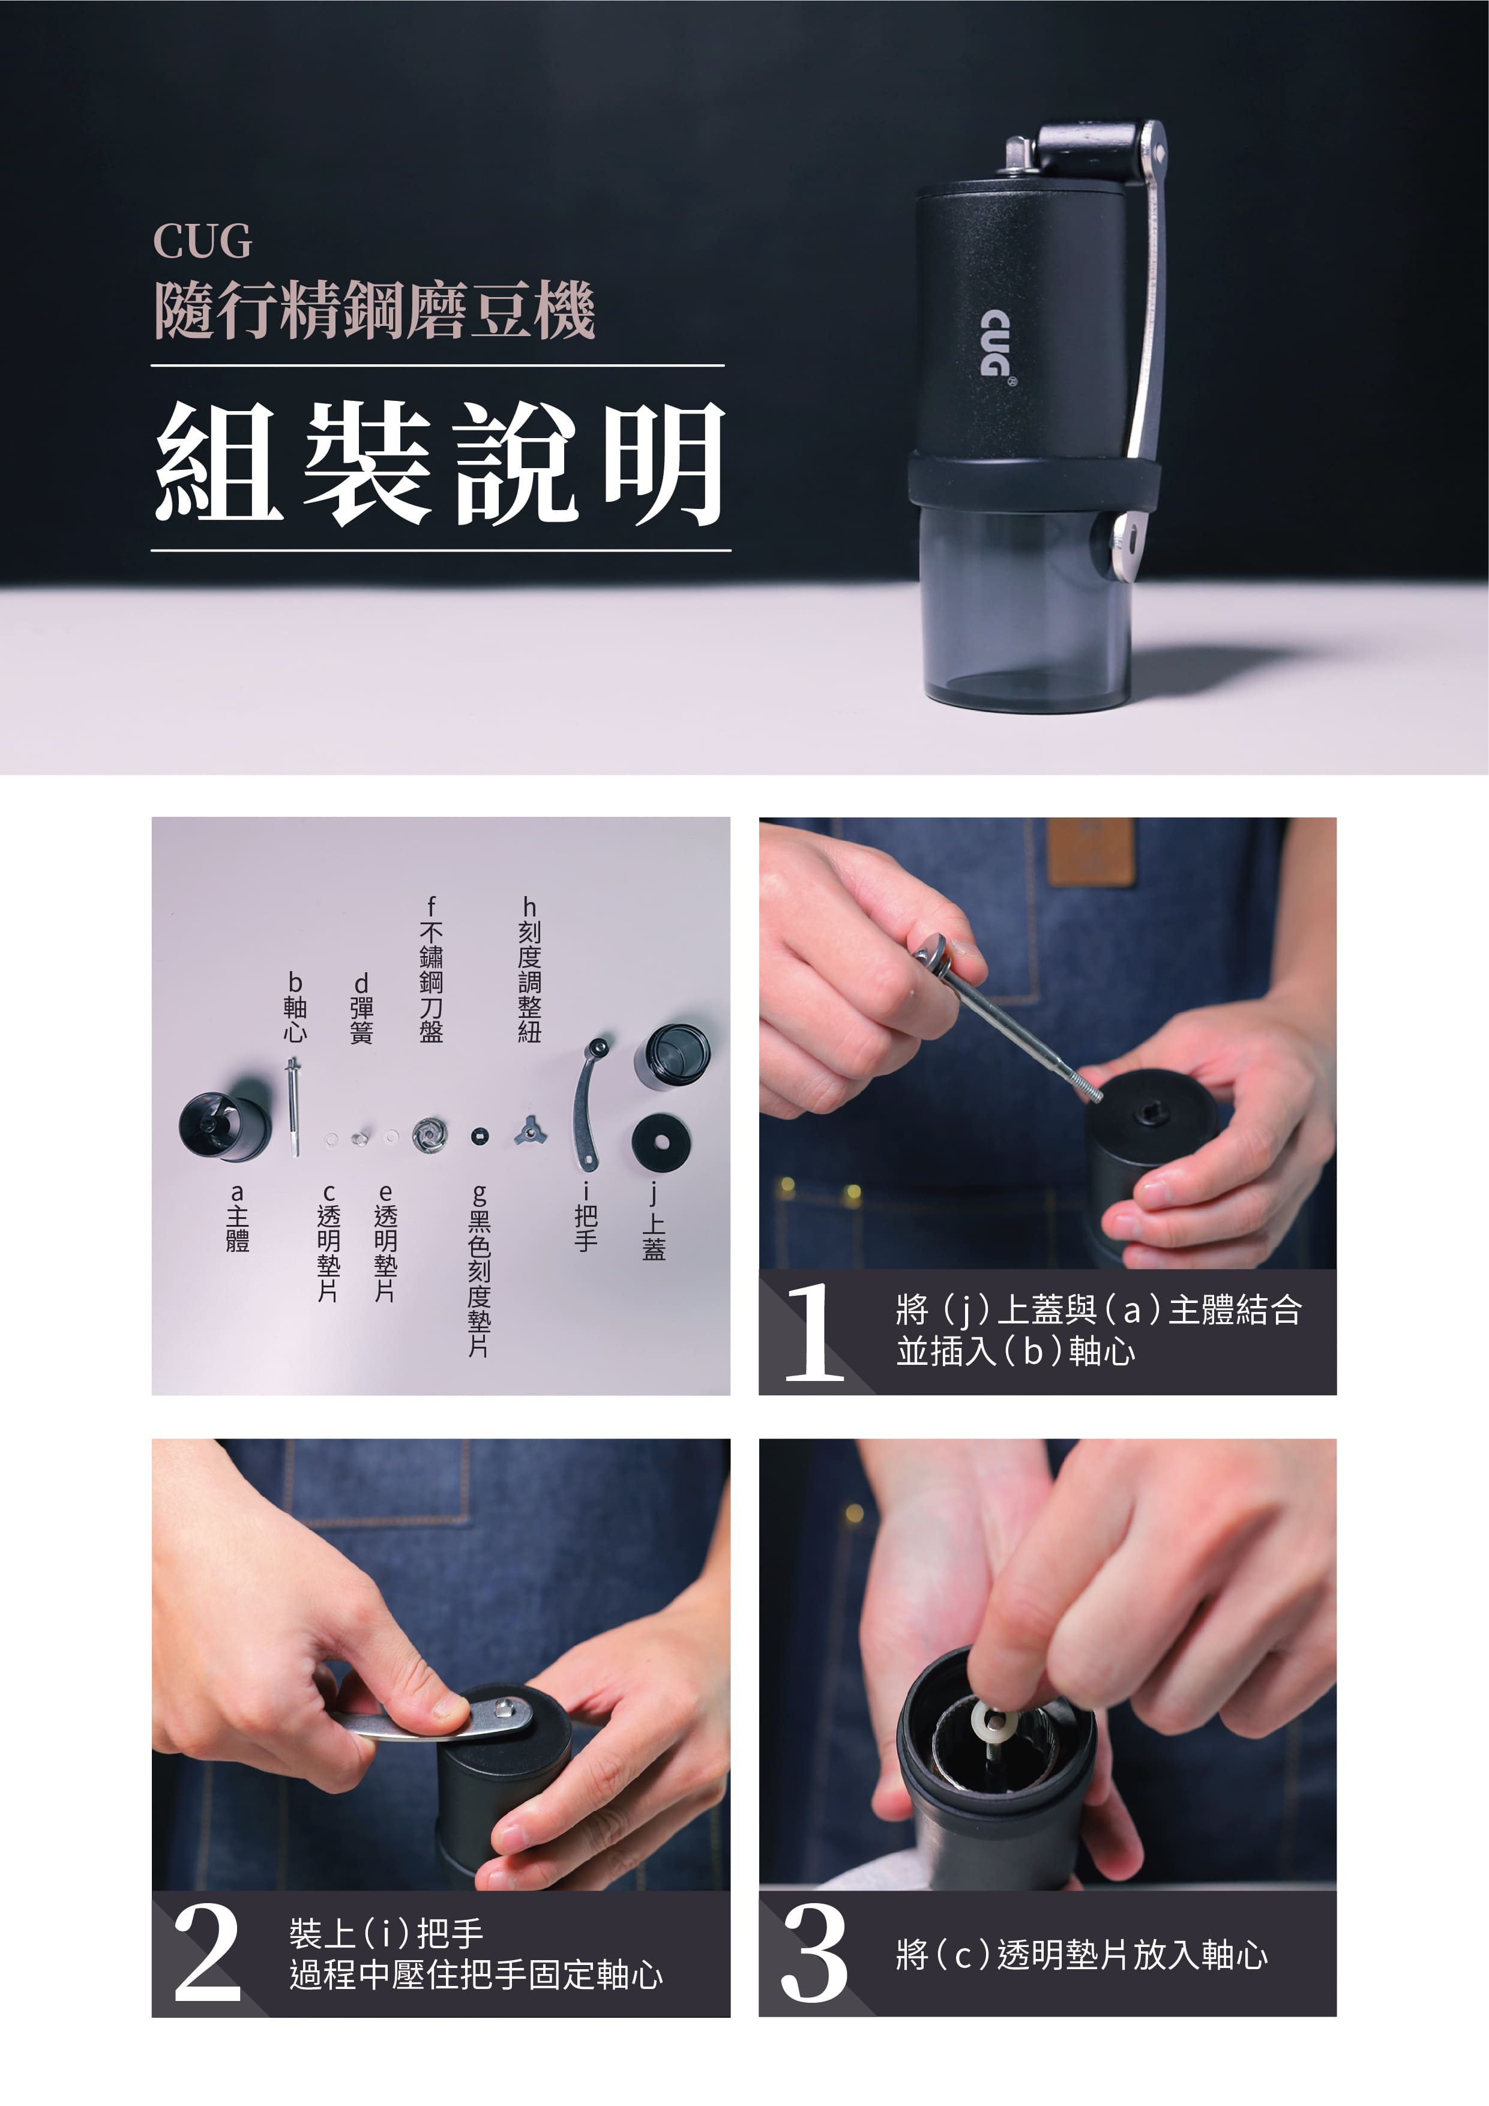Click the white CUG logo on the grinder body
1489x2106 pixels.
coord(994,344)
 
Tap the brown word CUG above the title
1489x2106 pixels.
coord(202,241)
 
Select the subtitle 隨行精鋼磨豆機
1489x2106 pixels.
coord(375,310)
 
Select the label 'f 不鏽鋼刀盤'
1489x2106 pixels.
coord(430,969)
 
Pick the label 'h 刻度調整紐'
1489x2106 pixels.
coord(529,969)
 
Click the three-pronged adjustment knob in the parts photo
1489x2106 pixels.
coord(529,1131)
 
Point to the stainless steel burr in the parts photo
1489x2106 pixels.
coord(429,1135)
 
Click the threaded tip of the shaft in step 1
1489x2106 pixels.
coord(1089,1091)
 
